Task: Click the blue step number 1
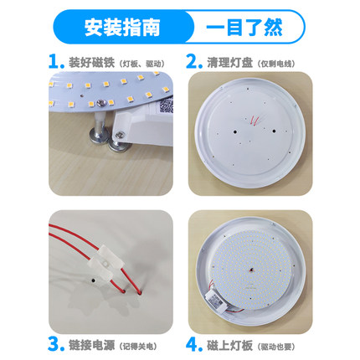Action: (54, 62)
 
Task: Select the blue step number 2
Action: (193, 62)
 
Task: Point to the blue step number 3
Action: (55, 342)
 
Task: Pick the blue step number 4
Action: (193, 342)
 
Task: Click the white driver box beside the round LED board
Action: (213, 296)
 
